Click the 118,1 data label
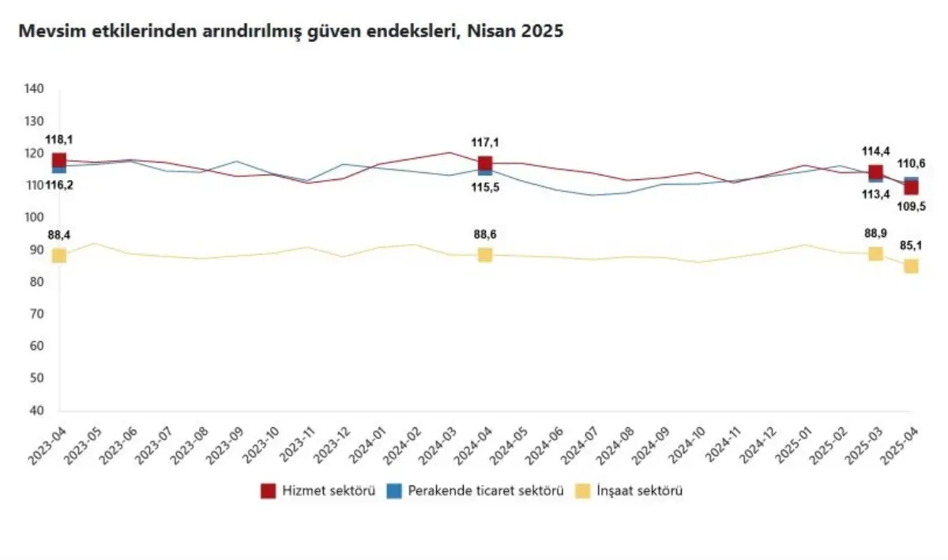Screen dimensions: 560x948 58,140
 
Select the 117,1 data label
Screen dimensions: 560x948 484,143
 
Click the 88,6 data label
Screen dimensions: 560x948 484,235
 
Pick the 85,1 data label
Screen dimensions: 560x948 911,246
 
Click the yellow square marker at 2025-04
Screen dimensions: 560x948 911,266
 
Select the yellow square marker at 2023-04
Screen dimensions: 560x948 59,255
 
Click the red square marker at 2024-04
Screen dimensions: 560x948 484,164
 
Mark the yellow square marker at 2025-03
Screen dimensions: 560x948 875,254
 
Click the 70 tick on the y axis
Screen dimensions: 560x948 36,314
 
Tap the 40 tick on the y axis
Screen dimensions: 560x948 36,411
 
